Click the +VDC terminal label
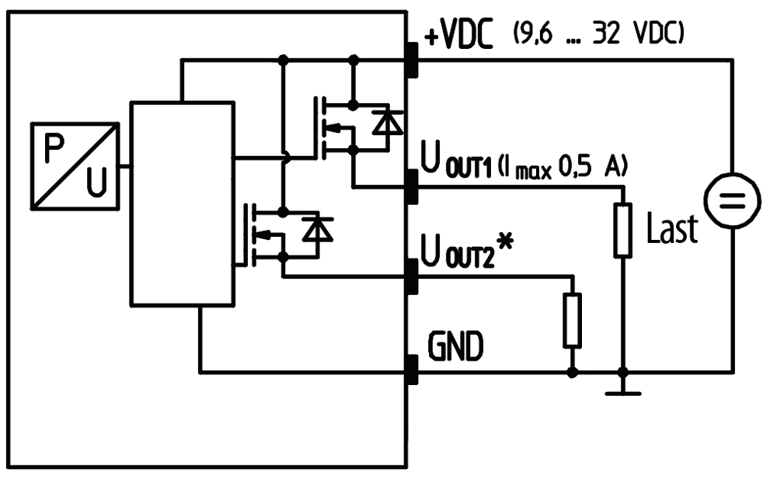tap(459, 35)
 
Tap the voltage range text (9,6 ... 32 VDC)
tap(598, 34)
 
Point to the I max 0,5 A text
tap(563, 166)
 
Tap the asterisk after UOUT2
tap(505, 243)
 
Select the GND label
tap(455, 346)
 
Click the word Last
tap(672, 228)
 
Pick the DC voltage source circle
tap(733, 200)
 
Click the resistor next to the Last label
tap(623, 230)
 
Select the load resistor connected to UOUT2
tap(573, 321)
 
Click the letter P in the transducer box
tap(54, 148)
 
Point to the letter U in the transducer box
tap(96, 182)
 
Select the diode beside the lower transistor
tap(318, 228)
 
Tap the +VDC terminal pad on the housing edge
tap(412, 61)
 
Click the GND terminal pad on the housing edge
tap(412, 370)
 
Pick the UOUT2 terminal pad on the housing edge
tap(412, 276)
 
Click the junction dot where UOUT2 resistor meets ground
tap(573, 372)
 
